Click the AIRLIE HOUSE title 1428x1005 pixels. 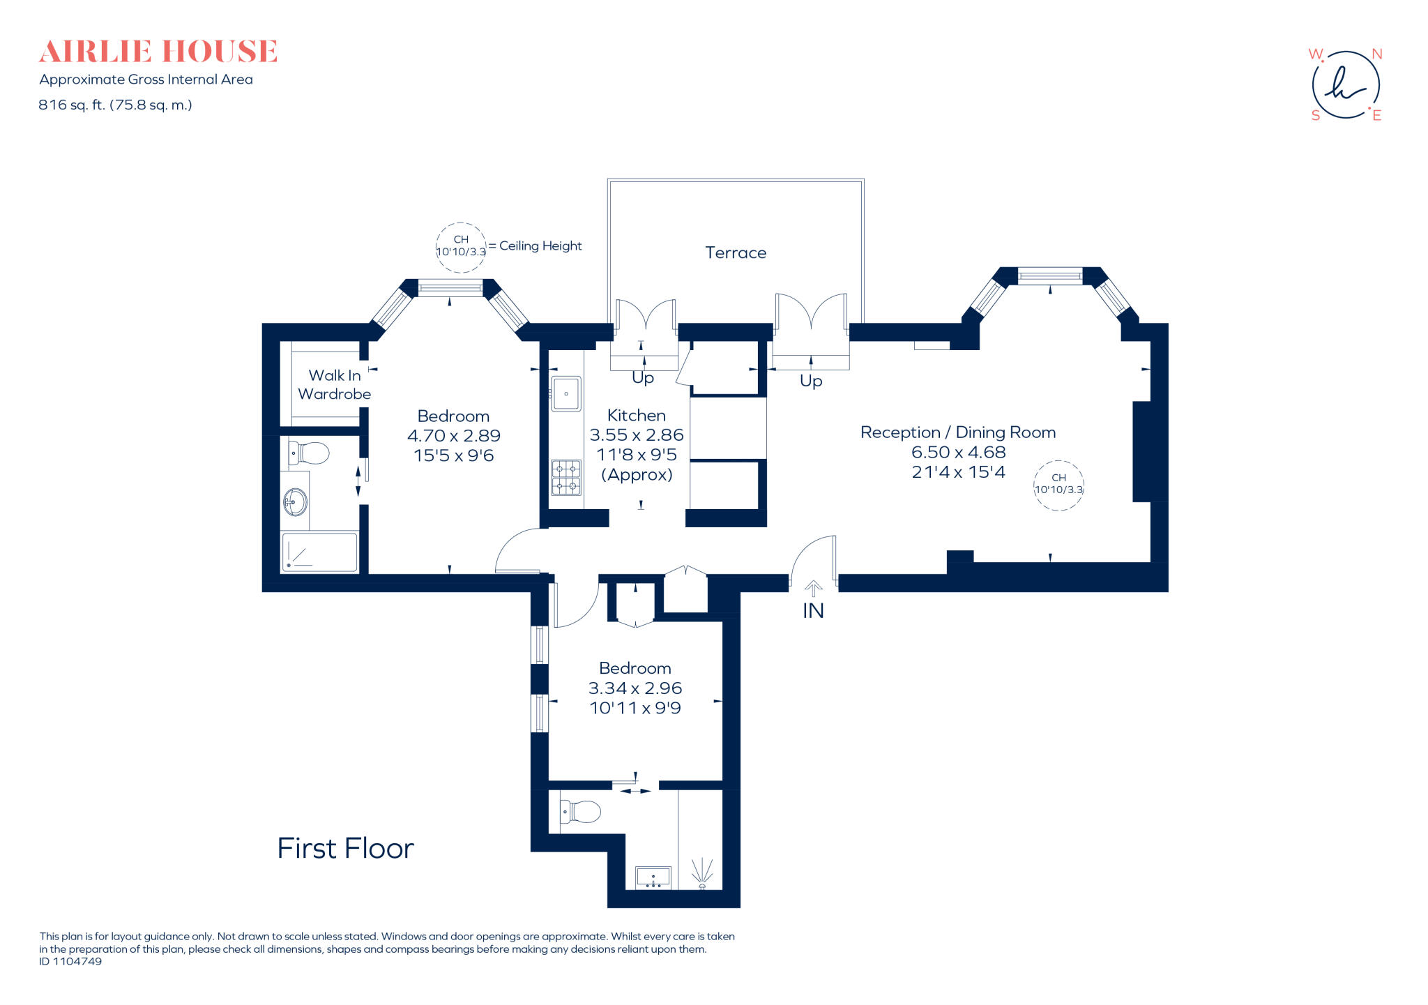pos(158,52)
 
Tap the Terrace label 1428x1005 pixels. pos(735,252)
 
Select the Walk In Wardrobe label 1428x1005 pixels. pos(335,384)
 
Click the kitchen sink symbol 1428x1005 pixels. pos(566,394)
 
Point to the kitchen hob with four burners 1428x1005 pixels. pos(566,477)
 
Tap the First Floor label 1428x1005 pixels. pos(345,848)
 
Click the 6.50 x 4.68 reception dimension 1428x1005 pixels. pos(958,452)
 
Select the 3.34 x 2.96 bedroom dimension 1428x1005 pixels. pos(635,688)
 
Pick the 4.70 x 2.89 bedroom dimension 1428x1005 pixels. pos(453,435)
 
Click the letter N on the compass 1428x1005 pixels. pos(1376,54)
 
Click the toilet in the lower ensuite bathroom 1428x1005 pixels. pos(581,812)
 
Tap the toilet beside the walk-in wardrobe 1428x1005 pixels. pos(310,453)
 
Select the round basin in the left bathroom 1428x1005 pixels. pos(296,501)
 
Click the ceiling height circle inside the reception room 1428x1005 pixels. pos(1058,485)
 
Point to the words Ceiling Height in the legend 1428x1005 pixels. pos(540,245)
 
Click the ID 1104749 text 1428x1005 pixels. pos(70,961)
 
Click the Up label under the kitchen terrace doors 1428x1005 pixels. pos(642,377)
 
